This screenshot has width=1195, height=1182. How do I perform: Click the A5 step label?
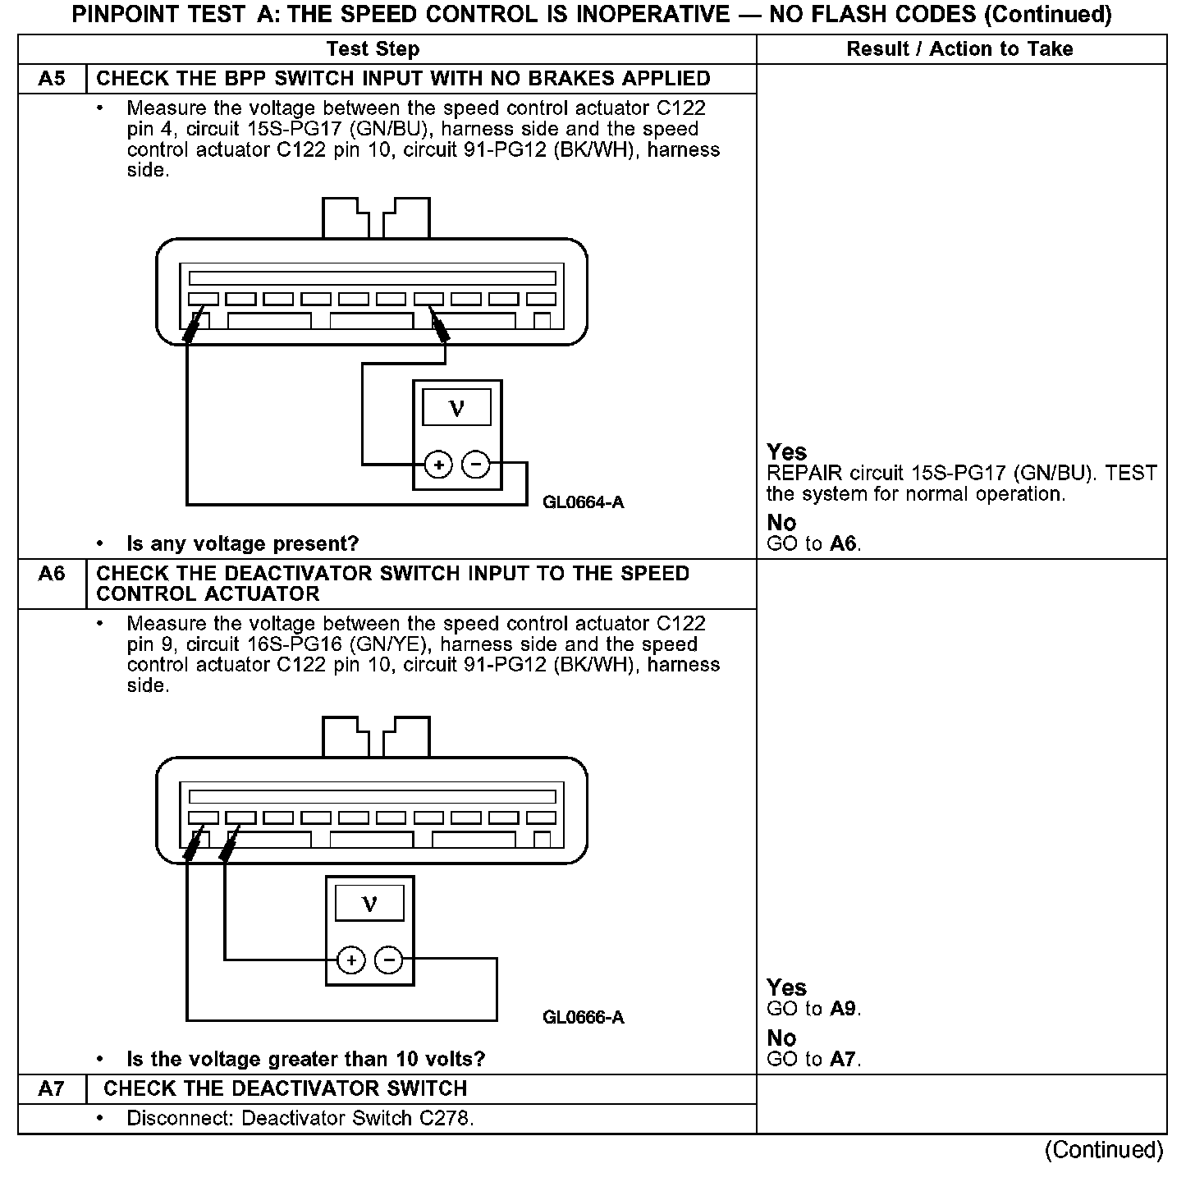[51, 79]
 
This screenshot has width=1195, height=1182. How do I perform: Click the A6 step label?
[51, 573]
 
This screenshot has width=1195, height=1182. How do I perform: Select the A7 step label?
[51, 1088]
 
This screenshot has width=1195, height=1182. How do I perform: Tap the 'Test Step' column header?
[373, 49]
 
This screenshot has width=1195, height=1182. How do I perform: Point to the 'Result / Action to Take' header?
[959, 49]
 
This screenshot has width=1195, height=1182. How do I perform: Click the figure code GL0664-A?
[583, 502]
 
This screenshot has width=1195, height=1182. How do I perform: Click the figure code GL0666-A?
[583, 1018]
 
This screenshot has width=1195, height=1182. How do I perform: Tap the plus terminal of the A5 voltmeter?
[439, 465]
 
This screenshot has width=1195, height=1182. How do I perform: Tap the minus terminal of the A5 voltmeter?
[476, 465]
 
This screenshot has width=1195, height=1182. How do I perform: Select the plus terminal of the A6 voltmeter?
[351, 960]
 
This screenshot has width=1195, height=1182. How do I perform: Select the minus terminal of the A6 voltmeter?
[389, 960]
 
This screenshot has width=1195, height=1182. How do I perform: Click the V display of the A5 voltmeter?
[457, 408]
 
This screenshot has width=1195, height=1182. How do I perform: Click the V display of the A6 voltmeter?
[369, 903]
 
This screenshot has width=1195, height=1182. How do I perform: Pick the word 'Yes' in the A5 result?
[786, 452]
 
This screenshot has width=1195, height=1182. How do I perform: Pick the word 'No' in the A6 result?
[781, 1038]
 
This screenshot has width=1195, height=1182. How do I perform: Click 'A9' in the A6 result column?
[844, 1009]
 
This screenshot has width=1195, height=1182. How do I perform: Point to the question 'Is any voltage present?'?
[242, 543]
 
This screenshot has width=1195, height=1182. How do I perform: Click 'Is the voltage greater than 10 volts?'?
[305, 1059]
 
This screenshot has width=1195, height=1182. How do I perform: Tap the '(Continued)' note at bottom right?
[1104, 1150]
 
